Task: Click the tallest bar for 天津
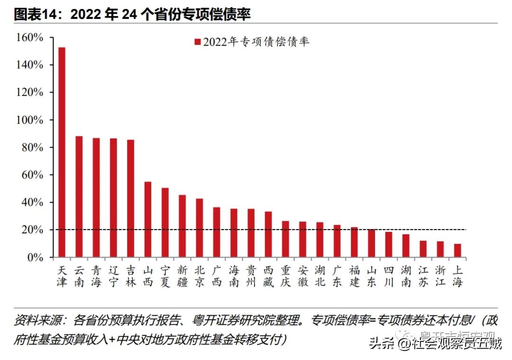[x=62, y=152]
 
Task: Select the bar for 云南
[x=79, y=197]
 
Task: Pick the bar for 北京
[x=200, y=228]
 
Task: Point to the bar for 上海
[x=457, y=251]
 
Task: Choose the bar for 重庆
[x=285, y=240]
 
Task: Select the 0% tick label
[x=35, y=258]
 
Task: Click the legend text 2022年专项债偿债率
[x=256, y=42]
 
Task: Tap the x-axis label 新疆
[x=183, y=277]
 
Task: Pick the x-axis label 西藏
[x=268, y=277]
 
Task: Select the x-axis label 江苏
[x=423, y=277]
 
